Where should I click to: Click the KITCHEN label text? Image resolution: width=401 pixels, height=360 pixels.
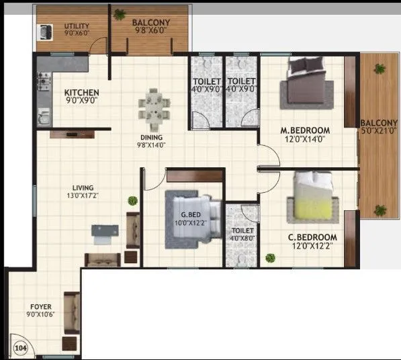tap(82, 93)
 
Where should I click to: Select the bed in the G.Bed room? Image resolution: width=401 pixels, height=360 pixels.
tap(193, 220)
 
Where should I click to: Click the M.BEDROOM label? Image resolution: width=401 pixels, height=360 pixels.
tap(305, 130)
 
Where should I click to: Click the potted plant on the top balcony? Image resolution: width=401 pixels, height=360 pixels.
tap(120, 13)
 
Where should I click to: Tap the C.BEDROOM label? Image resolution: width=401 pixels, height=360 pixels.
tap(312, 237)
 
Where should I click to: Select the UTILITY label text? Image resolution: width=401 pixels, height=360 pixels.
tap(77, 26)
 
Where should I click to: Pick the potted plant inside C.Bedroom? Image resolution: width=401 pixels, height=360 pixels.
tap(271, 257)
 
